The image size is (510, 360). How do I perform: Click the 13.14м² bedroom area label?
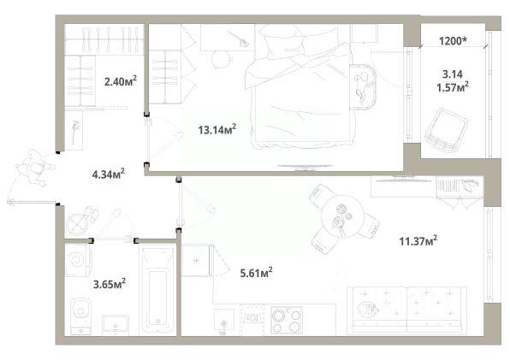tap(217, 130)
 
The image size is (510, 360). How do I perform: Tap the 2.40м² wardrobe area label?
tap(121, 81)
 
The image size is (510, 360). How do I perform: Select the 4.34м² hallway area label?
tap(109, 174)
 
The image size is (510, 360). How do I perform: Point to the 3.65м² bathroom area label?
tap(110, 284)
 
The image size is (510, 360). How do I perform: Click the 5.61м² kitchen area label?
tap(257, 273)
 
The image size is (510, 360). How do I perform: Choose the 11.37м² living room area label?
tap(418, 241)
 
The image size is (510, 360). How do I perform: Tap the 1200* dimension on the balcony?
tap(453, 41)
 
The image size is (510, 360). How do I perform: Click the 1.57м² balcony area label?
tap(453, 87)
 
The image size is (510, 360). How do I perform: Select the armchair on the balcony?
tap(447, 130)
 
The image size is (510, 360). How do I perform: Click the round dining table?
tap(342, 216)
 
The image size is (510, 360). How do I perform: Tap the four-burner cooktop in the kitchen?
tap(287, 320)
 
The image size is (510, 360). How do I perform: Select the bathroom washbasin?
tap(116, 325)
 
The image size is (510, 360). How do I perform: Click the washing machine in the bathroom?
tap(78, 260)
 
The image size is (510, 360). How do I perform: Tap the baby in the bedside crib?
tap(363, 86)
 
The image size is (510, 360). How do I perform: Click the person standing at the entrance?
tap(35, 168)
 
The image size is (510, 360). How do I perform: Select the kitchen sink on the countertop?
tap(224, 320)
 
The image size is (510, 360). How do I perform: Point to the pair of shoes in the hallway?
tap(91, 214)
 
